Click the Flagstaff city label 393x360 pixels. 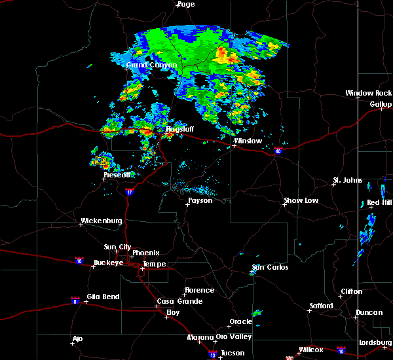179,130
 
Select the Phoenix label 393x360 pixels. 146,253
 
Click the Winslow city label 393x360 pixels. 248,141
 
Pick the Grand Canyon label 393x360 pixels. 151,65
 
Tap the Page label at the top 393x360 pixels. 186,4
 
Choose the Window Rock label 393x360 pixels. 369,94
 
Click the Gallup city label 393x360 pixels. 381,105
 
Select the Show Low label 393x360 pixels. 301,201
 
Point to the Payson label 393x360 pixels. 200,201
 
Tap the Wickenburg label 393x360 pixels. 102,221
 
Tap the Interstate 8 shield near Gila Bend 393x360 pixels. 75,300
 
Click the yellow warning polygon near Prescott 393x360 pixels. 101,160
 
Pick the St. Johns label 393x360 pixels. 347,180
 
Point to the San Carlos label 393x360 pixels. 270,268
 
